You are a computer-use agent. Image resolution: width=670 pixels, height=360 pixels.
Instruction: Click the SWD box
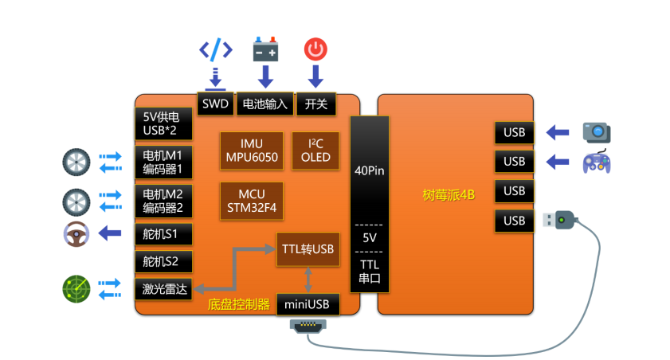pyautogui.click(x=215, y=104)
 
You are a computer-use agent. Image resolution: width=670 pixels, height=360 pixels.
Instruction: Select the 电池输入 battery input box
pyautogui.click(x=264, y=104)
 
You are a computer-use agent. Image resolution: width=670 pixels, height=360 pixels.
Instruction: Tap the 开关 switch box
pyautogui.click(x=315, y=104)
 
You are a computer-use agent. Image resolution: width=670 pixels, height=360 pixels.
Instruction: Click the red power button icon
pyautogui.click(x=315, y=49)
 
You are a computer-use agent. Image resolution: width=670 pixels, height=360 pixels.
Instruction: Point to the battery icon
pyautogui.click(x=265, y=49)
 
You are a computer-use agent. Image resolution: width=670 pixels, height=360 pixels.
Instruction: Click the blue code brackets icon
pyautogui.click(x=215, y=49)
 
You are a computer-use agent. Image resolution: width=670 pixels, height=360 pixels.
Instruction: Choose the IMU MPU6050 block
pyautogui.click(x=251, y=151)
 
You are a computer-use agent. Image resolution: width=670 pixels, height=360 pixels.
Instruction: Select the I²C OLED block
pyautogui.click(x=316, y=151)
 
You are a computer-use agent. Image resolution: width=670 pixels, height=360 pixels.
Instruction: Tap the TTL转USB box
pyautogui.click(x=308, y=248)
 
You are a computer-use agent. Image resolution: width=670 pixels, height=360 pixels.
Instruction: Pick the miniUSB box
pyautogui.click(x=308, y=303)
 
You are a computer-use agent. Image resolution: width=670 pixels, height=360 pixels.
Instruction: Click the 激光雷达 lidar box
pyautogui.click(x=164, y=289)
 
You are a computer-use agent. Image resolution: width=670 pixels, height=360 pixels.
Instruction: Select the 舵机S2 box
pyautogui.click(x=164, y=261)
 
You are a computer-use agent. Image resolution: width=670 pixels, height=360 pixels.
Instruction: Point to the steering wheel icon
pyautogui.click(x=76, y=234)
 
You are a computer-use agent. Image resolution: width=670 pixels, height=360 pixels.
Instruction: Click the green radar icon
pyautogui.click(x=76, y=288)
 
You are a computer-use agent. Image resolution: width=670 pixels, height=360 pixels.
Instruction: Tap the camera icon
pyautogui.click(x=596, y=131)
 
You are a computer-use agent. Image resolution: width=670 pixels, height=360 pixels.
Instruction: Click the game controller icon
pyautogui.click(x=596, y=162)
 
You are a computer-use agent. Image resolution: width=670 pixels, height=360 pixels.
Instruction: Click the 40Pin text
pyautogui.click(x=370, y=170)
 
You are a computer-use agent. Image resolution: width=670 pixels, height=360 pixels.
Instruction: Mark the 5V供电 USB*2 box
pyautogui.click(x=164, y=123)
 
